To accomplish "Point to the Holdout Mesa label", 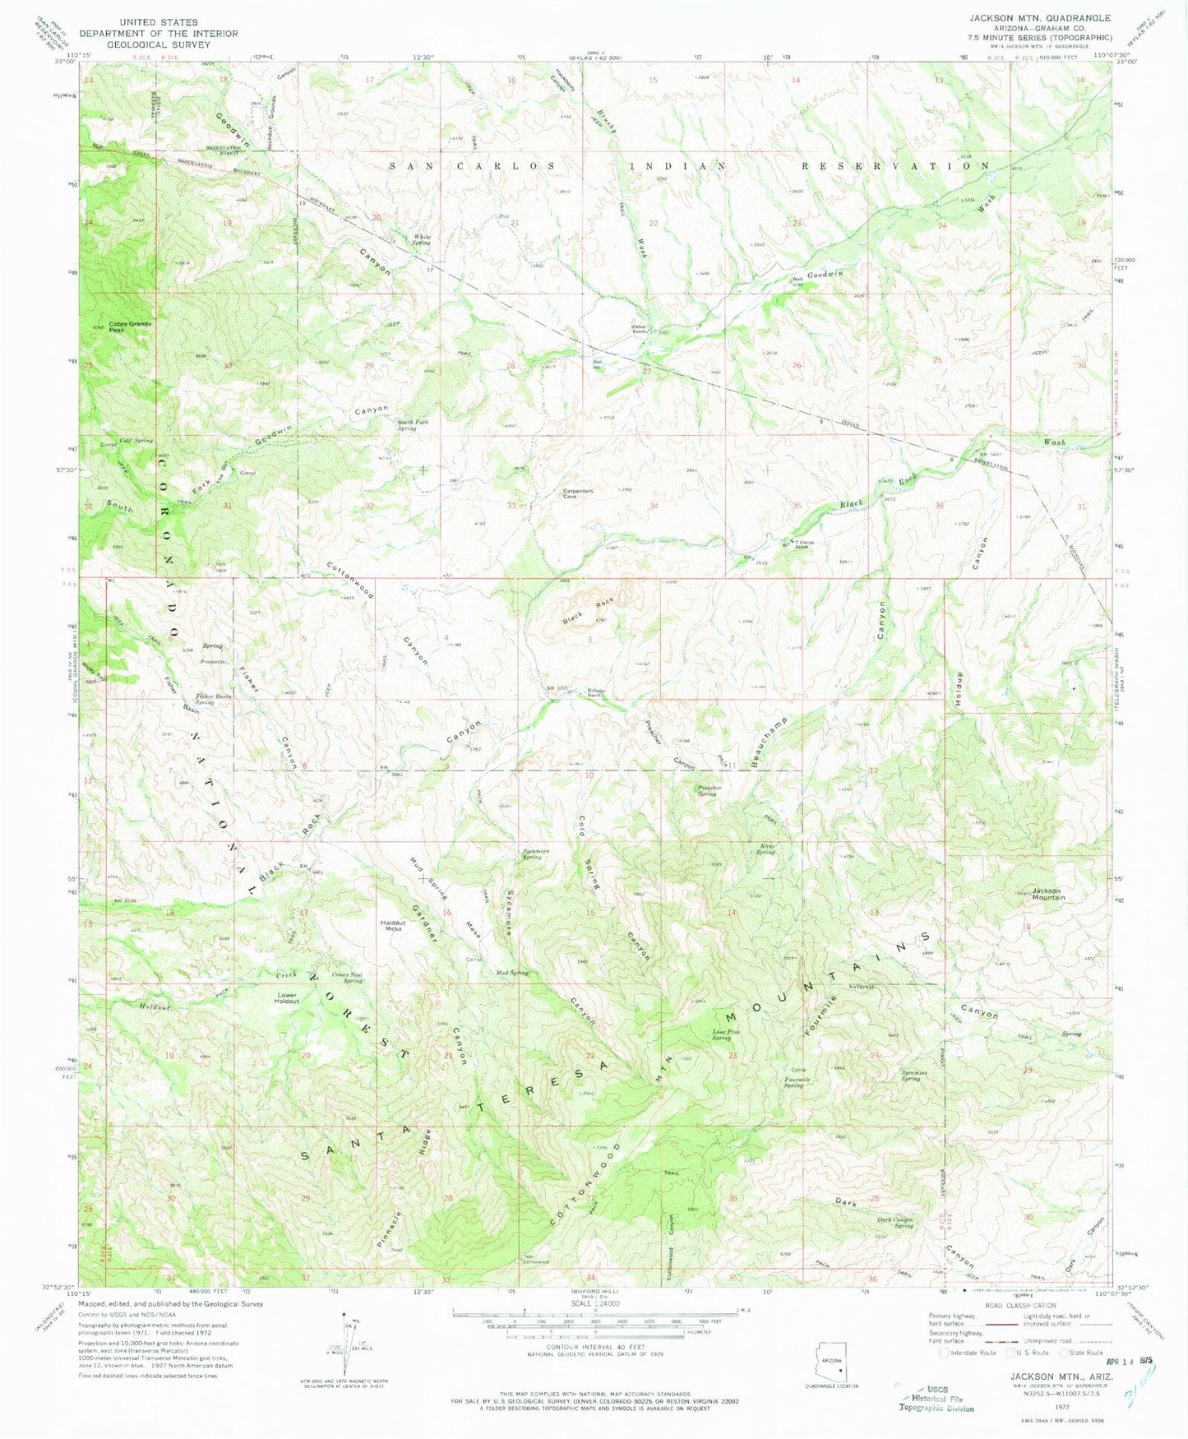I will [393, 925].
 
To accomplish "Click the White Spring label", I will [422, 239].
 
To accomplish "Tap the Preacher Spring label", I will [709, 790].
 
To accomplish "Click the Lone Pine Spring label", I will [721, 1035].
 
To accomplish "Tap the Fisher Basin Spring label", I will [212, 699].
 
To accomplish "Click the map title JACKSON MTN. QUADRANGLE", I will [1039, 17].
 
